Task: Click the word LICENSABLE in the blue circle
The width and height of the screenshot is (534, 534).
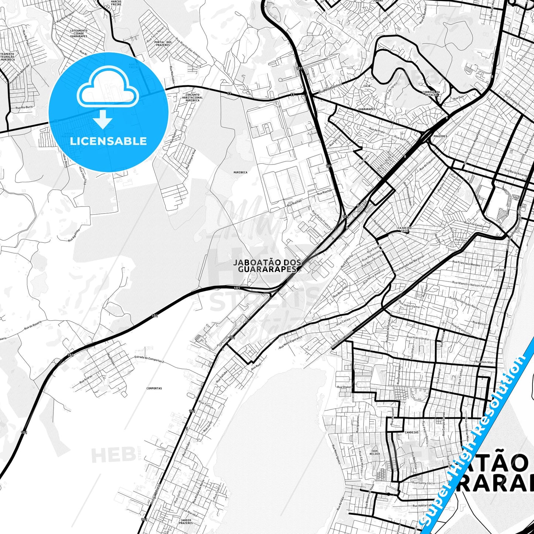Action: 108,141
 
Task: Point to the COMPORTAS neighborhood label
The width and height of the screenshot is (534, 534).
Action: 154,388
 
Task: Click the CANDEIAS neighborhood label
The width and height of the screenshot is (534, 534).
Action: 412,432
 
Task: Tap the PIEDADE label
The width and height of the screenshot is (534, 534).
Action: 500,270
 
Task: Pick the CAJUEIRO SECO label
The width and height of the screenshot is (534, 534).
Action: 404,229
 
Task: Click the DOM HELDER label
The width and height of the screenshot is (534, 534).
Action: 375,452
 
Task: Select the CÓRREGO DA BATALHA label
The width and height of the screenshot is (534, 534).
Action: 431,93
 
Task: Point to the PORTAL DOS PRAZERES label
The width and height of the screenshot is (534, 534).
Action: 163,44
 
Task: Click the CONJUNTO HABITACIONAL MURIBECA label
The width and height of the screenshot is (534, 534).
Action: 192,98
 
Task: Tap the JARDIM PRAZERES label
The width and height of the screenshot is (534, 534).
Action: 186,521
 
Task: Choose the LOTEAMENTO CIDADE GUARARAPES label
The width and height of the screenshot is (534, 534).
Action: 78,34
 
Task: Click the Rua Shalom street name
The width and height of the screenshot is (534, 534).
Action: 344,387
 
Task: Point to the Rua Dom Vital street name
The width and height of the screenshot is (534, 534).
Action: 484,362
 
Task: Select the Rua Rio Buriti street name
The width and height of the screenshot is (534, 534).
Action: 24,107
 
